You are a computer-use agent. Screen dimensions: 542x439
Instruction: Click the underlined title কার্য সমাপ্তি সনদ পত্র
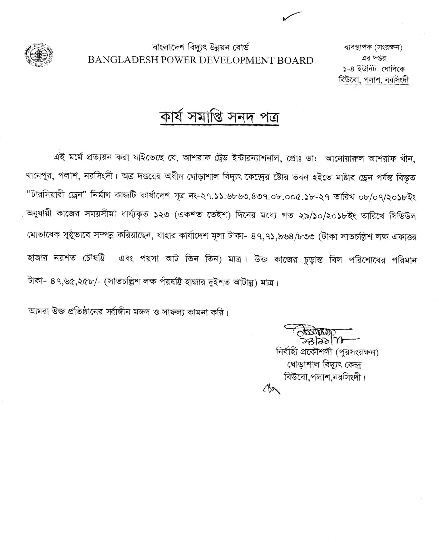(x=219, y=117)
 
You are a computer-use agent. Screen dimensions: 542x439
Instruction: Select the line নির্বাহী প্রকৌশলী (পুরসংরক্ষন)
(x=328, y=352)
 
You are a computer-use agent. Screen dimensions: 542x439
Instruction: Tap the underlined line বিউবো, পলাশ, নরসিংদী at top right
(x=373, y=80)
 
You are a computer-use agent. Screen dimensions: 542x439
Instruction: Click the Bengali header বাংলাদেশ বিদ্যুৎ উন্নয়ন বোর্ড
(x=201, y=47)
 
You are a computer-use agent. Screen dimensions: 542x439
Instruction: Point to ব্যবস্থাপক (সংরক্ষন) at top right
(x=373, y=47)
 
